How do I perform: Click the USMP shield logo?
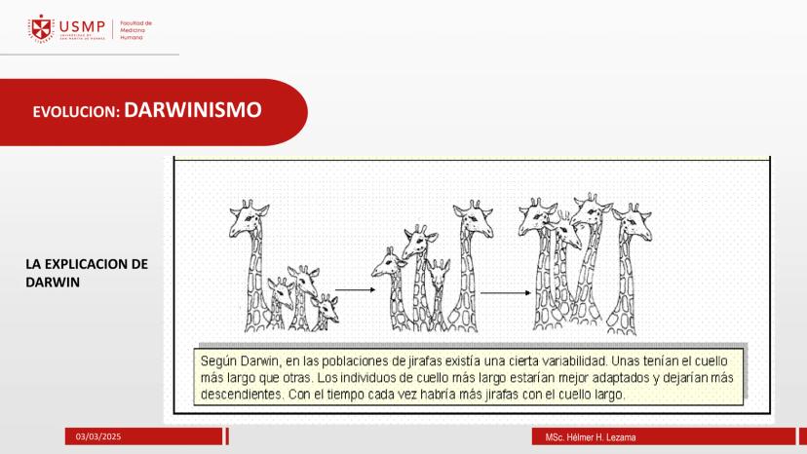tap(41, 28)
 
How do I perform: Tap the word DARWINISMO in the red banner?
tap(193, 110)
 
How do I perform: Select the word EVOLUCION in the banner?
tap(76, 112)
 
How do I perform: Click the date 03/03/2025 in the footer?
tap(98, 436)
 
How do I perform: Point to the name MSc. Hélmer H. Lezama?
tap(591, 437)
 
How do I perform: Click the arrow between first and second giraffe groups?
tap(355, 290)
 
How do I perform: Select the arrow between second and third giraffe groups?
tap(506, 293)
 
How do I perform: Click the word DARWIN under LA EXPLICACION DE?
tap(53, 283)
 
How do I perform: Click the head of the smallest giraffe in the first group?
tap(326, 306)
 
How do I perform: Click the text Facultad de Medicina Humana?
tap(135, 30)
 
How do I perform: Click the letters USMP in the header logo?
tap(82, 26)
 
